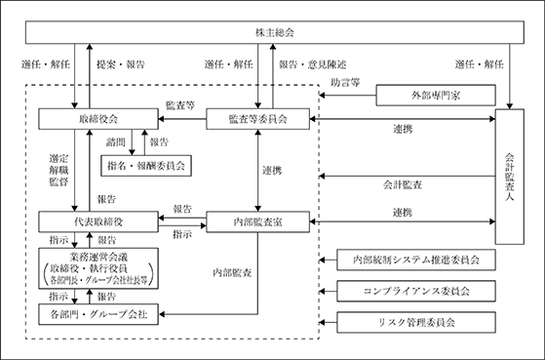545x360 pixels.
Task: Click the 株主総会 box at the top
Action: (x=275, y=32)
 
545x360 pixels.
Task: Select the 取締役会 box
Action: (x=98, y=119)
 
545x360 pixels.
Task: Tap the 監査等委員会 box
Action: (x=258, y=119)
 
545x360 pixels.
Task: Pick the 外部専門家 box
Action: (x=436, y=95)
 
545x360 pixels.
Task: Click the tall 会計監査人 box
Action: (x=510, y=177)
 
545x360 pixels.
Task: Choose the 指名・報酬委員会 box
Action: (x=146, y=166)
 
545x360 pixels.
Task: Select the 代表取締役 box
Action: (x=98, y=221)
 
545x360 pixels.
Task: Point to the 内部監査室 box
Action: (x=258, y=221)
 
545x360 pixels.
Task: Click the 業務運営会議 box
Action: (x=98, y=268)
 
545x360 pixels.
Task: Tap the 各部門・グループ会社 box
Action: (x=98, y=314)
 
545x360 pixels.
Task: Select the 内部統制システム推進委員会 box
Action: (x=416, y=260)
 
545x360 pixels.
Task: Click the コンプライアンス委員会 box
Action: (x=416, y=291)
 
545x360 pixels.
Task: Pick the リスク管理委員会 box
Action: (x=416, y=322)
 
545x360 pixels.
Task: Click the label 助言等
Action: (x=345, y=82)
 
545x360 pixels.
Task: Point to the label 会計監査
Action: (x=403, y=184)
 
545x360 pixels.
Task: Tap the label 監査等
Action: (x=180, y=105)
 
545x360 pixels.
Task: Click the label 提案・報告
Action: (x=121, y=64)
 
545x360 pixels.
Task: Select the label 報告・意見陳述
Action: (x=313, y=64)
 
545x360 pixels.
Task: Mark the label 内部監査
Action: (x=232, y=273)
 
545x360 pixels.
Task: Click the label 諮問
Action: (x=116, y=141)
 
